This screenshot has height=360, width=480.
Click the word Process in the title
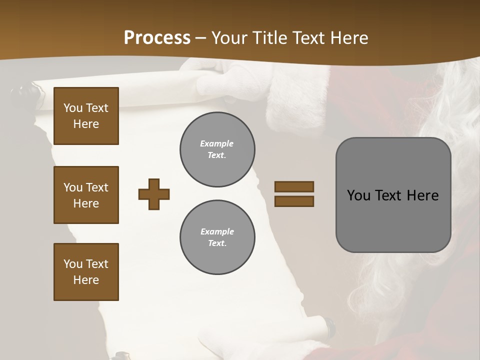click(x=157, y=38)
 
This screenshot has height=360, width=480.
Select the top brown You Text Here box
click(x=86, y=116)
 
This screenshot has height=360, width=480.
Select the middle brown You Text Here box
click(x=86, y=195)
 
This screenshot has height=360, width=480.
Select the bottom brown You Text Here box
click(x=86, y=271)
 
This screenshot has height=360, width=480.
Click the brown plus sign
click(x=154, y=194)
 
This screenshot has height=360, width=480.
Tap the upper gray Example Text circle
click(x=217, y=149)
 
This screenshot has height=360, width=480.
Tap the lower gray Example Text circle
click(x=217, y=237)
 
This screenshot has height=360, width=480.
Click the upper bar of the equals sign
click(x=294, y=187)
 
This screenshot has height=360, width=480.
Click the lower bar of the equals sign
click(x=294, y=201)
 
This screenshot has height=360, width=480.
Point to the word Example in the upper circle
click(x=216, y=144)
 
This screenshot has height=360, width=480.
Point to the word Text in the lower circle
click(x=216, y=243)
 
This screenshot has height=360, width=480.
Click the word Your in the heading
click(x=229, y=38)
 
